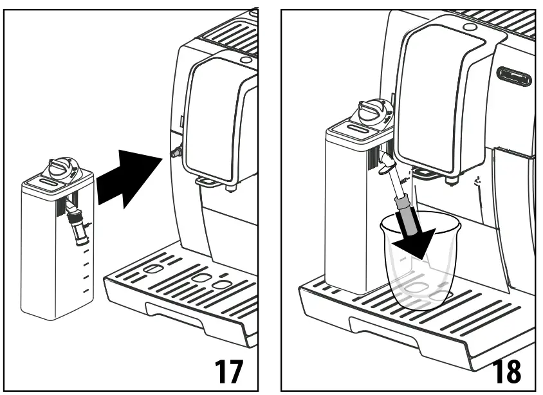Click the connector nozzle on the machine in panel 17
point(175,151)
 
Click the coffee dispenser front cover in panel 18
point(437,96)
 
